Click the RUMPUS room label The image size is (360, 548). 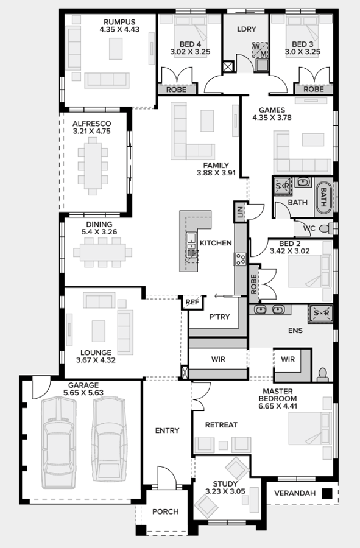119,22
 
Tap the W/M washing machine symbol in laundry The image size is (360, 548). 260,50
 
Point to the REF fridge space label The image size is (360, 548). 192,302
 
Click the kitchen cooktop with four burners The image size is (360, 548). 241,259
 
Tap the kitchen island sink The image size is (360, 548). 191,242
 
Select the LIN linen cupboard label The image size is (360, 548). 240,212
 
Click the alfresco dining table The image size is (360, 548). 93,166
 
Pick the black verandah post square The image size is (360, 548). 326,493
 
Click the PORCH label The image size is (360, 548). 165,511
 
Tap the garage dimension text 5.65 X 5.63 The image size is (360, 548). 83,393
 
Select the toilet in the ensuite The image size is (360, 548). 323,374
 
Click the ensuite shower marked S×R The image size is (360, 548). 320,313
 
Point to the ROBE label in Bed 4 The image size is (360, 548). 176,90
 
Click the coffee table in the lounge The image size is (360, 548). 99,331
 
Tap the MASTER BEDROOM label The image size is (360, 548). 278,395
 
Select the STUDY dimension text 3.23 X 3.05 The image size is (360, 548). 225,491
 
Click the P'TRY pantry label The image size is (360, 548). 219,317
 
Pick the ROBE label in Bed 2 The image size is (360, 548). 254,283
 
